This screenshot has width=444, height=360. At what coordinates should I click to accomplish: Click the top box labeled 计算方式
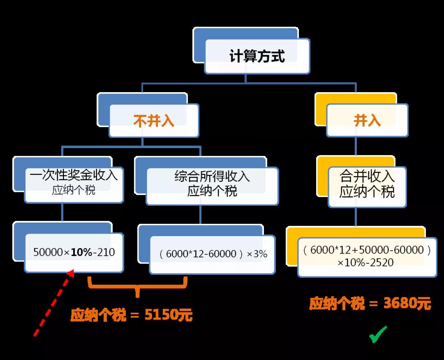click(x=257, y=56)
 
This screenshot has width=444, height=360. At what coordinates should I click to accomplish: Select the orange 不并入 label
click(x=154, y=121)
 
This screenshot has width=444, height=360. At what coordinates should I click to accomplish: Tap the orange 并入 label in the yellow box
click(x=367, y=120)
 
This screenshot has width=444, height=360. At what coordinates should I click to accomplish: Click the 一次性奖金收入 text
click(x=74, y=175)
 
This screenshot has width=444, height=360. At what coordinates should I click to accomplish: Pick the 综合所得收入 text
click(x=212, y=176)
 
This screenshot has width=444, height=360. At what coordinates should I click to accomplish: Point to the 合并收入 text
click(x=367, y=176)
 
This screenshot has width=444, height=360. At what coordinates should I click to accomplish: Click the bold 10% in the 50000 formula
click(x=81, y=252)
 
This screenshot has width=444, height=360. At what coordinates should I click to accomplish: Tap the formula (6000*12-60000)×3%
click(x=213, y=254)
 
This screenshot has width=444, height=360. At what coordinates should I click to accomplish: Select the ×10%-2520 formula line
click(x=365, y=262)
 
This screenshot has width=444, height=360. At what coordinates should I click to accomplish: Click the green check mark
click(x=377, y=335)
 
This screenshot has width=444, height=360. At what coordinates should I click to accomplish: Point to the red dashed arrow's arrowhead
click(x=71, y=273)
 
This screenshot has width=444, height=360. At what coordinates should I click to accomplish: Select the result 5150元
click(x=169, y=315)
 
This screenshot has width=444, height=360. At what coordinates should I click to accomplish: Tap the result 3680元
click(x=407, y=303)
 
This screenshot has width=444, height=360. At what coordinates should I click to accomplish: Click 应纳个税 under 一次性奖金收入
click(x=74, y=190)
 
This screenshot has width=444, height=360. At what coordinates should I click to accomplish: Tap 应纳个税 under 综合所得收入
click(x=212, y=190)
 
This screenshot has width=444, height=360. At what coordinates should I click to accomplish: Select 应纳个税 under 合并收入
click(x=367, y=191)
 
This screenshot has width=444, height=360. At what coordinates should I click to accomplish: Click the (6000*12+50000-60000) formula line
click(x=367, y=250)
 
